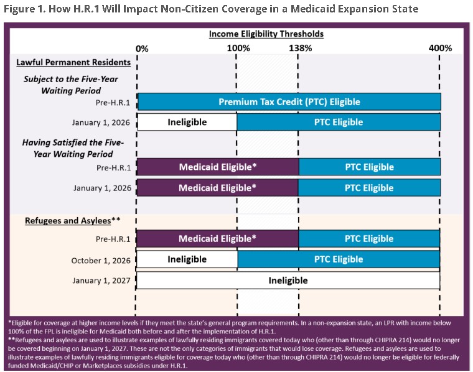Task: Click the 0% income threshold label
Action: (142, 48)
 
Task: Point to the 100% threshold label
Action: (238, 48)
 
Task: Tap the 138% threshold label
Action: (299, 48)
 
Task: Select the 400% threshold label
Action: (441, 48)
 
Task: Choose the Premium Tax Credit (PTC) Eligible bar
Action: (289, 101)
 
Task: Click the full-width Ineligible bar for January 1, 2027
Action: (288, 280)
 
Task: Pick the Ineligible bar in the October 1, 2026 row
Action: (187, 259)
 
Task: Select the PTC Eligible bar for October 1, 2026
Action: (339, 259)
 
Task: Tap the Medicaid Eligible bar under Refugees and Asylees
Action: (217, 239)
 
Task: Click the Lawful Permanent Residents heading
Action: (73, 62)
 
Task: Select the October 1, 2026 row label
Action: (100, 260)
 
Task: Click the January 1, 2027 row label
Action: (100, 281)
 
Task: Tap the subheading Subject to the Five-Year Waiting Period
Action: (71, 85)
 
